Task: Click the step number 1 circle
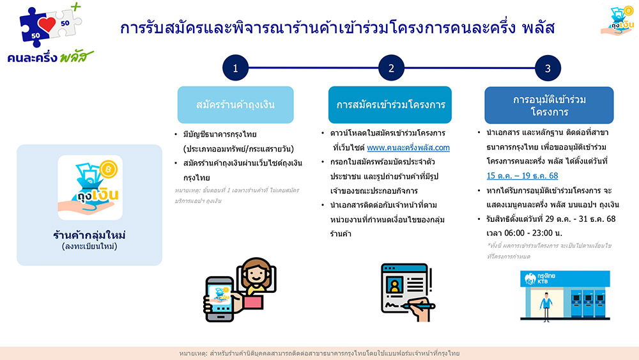235,68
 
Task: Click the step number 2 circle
391,68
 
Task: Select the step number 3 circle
548,68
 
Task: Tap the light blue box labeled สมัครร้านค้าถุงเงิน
235,104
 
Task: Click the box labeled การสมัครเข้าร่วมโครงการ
391,104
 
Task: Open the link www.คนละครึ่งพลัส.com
408,148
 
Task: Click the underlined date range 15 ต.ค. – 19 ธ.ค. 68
522,175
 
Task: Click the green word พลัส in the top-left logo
76,56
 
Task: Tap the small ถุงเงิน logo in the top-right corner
617,20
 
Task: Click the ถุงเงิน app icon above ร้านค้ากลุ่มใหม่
89,187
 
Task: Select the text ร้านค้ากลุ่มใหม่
89,235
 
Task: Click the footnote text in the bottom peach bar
319,353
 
